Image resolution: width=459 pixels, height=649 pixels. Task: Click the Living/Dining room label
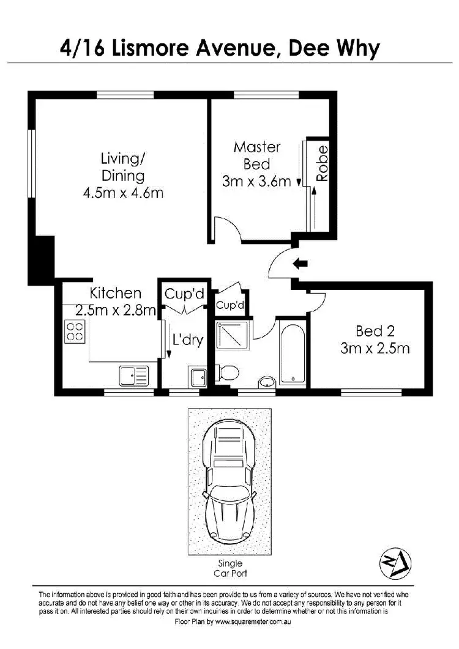(x=123, y=167)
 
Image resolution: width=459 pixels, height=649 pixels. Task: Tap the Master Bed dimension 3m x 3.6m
(x=256, y=182)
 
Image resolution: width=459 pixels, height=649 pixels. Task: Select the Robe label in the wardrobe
(x=323, y=163)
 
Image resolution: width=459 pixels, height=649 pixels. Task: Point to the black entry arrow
(x=301, y=264)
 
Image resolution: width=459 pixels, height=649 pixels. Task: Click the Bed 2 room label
(x=374, y=332)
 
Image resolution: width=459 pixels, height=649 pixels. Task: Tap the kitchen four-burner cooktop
(x=75, y=331)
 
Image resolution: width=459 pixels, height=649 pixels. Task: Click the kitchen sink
(x=133, y=375)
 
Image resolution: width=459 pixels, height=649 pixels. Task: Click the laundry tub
(x=197, y=377)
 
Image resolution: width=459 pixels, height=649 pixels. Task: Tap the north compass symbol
(x=395, y=563)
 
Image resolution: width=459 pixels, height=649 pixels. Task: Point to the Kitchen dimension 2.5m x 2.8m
(x=116, y=310)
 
